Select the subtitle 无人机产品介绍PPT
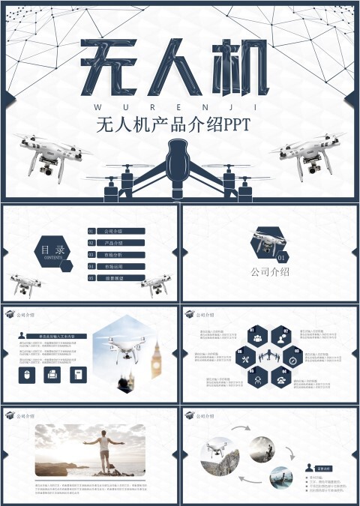point(178,125)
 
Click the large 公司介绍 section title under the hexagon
point(270,271)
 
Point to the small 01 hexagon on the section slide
point(282,257)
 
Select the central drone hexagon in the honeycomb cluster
point(269,359)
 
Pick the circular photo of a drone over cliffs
point(220,459)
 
